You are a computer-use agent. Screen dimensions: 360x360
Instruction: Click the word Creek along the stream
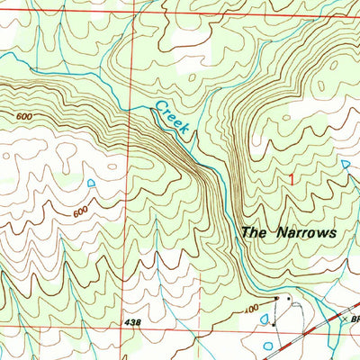coord(170,118)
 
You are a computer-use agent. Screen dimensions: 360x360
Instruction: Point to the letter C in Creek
coord(158,107)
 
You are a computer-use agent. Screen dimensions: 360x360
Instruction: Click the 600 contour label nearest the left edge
coord(25,116)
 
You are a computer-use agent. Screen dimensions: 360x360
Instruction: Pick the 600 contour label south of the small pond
coord(80,211)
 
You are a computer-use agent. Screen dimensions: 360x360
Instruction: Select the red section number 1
coord(290,178)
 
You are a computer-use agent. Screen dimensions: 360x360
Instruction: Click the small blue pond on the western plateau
coord(91,184)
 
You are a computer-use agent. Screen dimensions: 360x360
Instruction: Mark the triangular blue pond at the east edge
coord(347,164)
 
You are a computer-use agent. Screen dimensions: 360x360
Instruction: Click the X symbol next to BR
coord(345,318)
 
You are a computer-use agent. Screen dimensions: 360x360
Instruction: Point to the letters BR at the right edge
coord(355,318)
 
